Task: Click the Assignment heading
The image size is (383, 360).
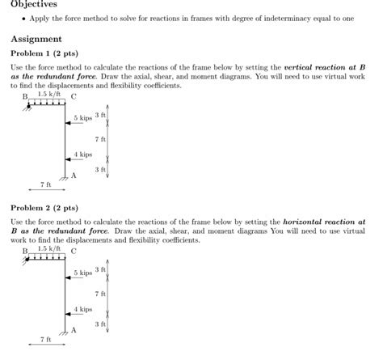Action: point(36,39)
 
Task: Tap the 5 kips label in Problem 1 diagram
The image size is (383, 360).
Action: point(82,119)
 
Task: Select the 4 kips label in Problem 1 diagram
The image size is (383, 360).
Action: point(82,155)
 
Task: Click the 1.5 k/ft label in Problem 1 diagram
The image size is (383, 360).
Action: point(48,94)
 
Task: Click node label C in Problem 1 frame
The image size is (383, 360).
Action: point(74,95)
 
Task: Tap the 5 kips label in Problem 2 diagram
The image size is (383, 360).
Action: point(82,273)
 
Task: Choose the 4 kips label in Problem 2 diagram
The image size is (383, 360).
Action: point(82,309)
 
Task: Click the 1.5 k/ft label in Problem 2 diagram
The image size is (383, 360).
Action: point(48,248)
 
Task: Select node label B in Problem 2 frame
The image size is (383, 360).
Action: point(25,252)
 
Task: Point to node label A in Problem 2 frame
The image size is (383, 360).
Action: point(74,329)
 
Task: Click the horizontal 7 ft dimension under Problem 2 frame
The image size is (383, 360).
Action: point(45,340)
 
